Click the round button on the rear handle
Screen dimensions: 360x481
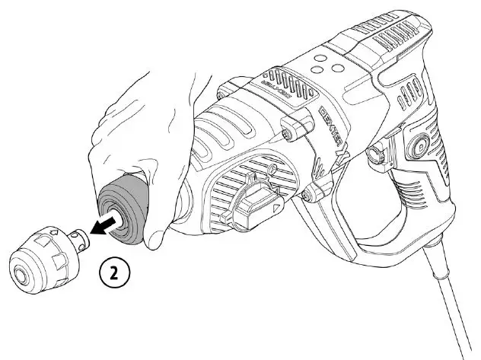[419, 143]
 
